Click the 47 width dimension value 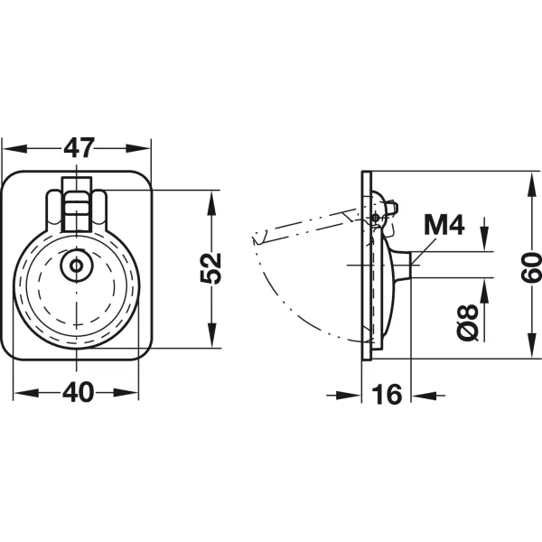[x=79, y=148]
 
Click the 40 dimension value [x=78, y=392]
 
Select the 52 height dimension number [x=210, y=268]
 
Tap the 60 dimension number [x=531, y=268]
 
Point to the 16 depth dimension [x=388, y=394]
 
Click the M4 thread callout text [x=444, y=225]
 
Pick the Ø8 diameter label [x=467, y=322]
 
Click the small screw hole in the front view [x=76, y=266]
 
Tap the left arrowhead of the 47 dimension [x=14, y=149]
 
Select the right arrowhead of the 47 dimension [x=138, y=149]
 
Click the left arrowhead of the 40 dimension [x=26, y=393]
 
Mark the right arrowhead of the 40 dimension [x=126, y=393]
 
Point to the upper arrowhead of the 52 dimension [x=211, y=203]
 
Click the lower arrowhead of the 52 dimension [x=211, y=335]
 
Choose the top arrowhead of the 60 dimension [x=532, y=184]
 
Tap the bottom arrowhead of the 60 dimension [x=532, y=345]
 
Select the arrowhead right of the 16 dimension [x=424, y=395]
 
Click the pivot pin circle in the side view [x=376, y=218]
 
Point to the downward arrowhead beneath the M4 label [x=484, y=238]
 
